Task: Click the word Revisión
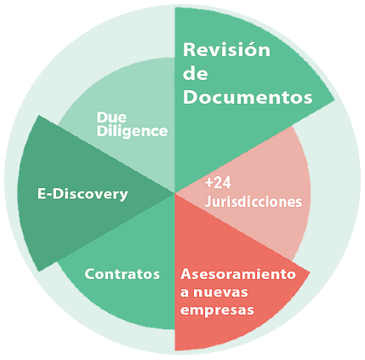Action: tap(226, 49)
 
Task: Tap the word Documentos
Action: tap(248, 97)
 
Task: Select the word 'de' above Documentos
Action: tap(196, 73)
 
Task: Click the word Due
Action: tap(111, 117)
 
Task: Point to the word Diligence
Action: tap(132, 131)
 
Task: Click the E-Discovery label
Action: tap(83, 195)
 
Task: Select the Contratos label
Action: tap(123, 274)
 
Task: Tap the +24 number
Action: tap(218, 183)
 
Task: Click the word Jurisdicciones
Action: tap(254, 202)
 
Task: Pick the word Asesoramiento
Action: tap(238, 274)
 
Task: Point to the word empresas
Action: tap(217, 310)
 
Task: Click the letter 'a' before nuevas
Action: tap(185, 293)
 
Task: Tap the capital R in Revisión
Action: tap(189, 50)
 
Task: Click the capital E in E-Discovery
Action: tap(42, 194)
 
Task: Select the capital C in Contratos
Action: tap(90, 274)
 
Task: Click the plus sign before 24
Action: tap(209, 183)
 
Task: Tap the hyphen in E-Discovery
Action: tap(48, 196)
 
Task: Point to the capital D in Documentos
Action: tap(191, 97)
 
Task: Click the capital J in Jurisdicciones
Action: tap(208, 202)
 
